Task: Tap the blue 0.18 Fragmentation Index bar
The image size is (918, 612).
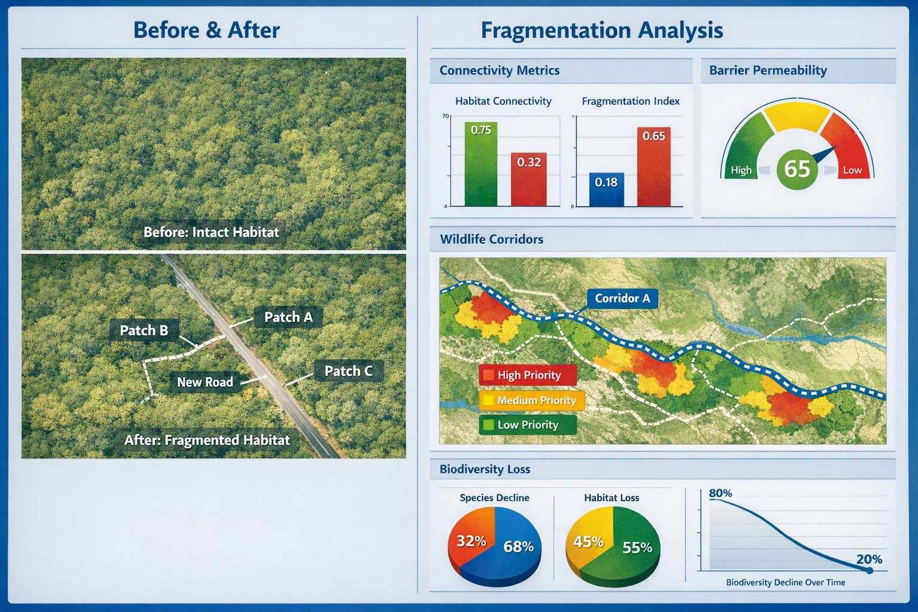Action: [606, 189]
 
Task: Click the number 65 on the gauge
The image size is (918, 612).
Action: [797, 169]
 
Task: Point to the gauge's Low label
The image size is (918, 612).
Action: [852, 170]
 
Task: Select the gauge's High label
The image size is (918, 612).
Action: [741, 170]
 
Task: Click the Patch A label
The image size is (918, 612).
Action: [288, 317]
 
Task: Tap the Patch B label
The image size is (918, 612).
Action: [144, 331]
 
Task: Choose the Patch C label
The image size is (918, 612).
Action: [348, 371]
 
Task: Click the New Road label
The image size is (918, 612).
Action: [205, 382]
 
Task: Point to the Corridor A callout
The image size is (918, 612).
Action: [622, 298]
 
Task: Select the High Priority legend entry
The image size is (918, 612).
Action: [528, 375]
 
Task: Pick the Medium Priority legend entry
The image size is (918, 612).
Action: [531, 400]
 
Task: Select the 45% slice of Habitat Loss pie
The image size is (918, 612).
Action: [587, 541]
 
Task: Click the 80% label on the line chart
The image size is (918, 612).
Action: [720, 494]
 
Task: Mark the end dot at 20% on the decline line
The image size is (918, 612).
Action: [870, 571]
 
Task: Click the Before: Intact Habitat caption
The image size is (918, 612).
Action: [211, 232]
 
